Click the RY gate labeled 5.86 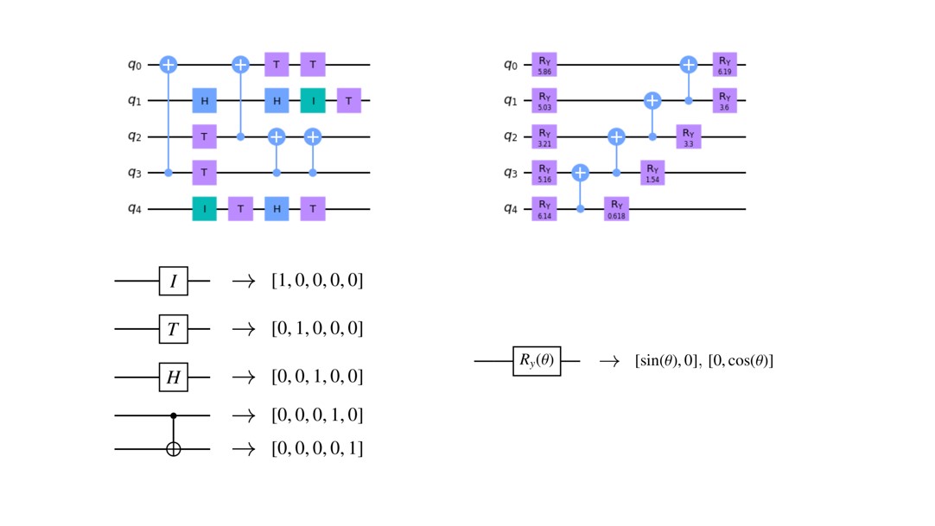point(544,64)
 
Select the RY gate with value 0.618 point(617,209)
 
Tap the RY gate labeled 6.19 point(724,64)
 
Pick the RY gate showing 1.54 point(652,173)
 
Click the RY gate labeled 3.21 point(544,136)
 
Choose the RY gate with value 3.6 point(724,101)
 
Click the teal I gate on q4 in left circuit point(205,209)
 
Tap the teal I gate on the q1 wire point(313,101)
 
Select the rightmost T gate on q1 point(349,101)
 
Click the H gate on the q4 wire point(277,209)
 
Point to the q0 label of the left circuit point(135,64)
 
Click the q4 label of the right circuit point(511,209)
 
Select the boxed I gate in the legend point(174,281)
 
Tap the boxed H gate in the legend point(174,377)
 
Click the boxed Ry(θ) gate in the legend point(537,360)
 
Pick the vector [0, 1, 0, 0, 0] point(317,328)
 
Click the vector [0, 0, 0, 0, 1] point(317,448)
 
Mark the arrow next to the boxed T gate point(244,329)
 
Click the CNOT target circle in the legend point(174,448)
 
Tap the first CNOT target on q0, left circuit point(169,64)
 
